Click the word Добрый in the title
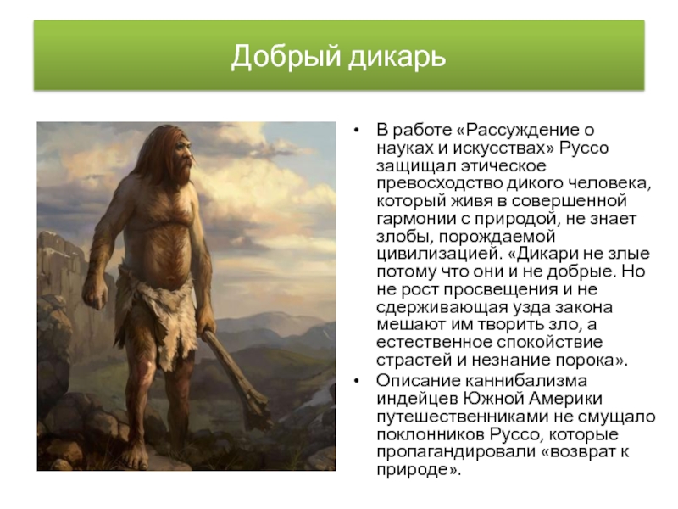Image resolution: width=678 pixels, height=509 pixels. coord(286,57)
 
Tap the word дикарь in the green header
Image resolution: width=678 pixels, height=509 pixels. coord(397,57)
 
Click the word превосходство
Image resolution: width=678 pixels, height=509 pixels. coord(438,183)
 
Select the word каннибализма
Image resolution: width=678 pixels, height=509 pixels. coord(525,381)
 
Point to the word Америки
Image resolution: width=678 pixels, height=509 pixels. coord(567,399)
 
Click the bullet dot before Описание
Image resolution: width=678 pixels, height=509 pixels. coord(356,381)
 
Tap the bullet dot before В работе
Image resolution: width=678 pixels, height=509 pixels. coord(356,131)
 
